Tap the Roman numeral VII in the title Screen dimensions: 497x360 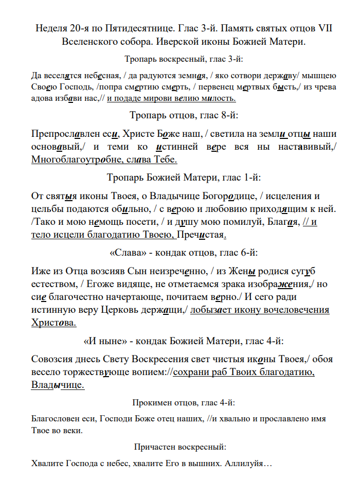point(323,28)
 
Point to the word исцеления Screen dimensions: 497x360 point(289,197)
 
